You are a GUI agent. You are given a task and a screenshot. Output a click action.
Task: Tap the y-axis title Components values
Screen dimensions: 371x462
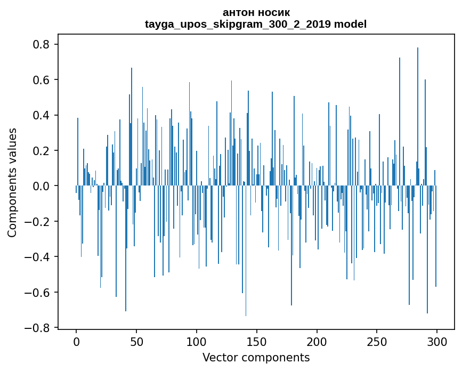pos(12,182)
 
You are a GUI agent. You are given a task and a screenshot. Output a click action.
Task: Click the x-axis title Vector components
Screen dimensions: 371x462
pos(256,357)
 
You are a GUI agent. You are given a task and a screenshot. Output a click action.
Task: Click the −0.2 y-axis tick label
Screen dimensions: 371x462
pos(38,221)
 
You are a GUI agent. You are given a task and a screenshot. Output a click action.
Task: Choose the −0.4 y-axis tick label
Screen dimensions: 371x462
pos(38,257)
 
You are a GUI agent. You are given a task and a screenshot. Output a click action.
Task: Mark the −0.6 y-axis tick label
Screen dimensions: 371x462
pos(38,292)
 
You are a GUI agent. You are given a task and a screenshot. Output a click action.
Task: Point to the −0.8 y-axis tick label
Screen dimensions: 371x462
pos(38,328)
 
